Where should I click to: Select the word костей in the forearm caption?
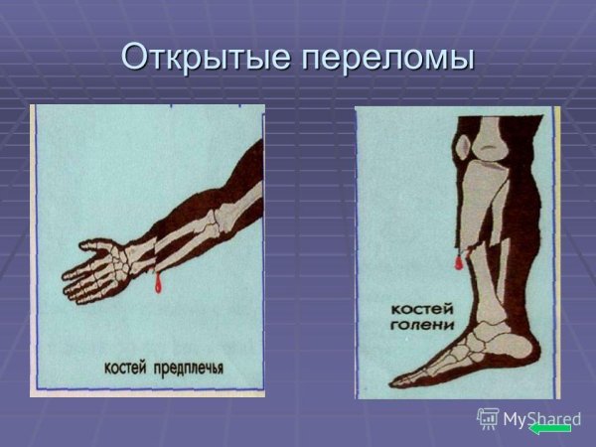124,368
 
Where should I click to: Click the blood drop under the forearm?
156,285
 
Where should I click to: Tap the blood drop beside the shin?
459,262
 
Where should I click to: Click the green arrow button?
550,427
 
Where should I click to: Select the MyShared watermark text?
541,417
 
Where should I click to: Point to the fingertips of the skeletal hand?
70,288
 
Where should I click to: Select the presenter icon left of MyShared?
488,418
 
